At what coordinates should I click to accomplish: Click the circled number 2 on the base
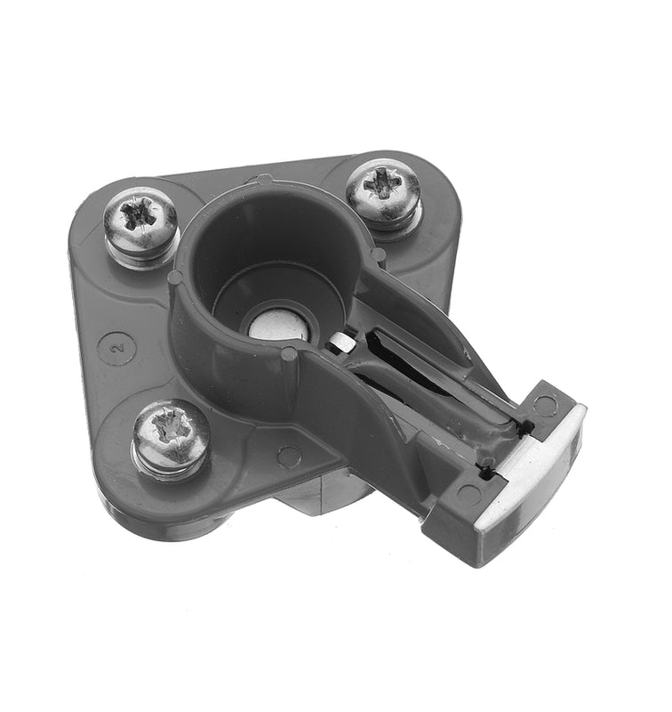[116, 347]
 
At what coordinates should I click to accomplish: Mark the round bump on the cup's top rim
[264, 181]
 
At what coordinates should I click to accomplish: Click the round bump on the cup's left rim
[174, 277]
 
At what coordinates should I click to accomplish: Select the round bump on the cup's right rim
[379, 255]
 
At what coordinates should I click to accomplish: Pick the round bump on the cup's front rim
[289, 354]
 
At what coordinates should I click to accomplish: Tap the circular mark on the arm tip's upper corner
[544, 404]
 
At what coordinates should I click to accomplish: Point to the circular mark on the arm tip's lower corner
[468, 495]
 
